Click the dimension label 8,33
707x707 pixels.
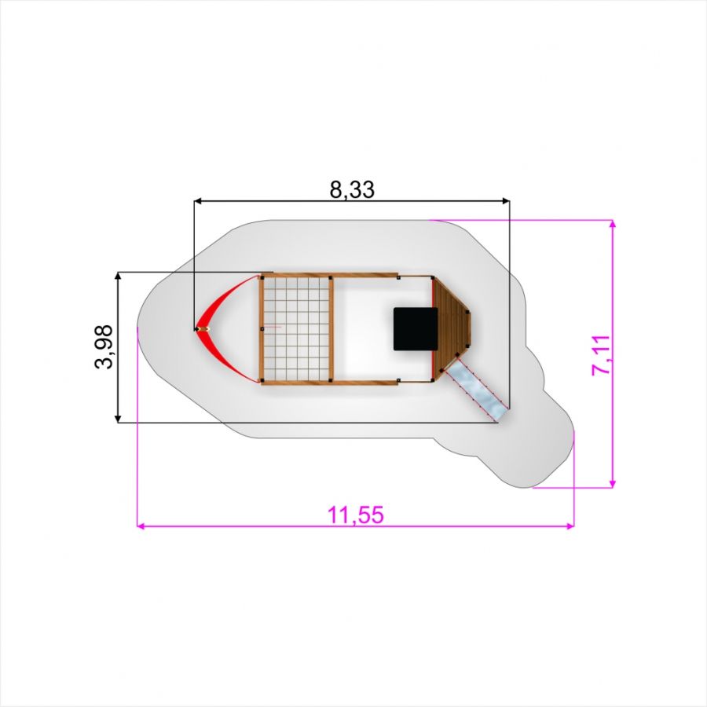[352, 190]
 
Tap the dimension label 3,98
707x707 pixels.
[104, 346]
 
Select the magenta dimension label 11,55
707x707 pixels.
[356, 515]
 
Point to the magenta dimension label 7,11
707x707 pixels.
[601, 354]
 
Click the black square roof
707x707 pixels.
[416, 329]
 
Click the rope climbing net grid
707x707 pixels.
[296, 329]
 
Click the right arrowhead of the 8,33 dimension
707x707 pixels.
[506, 200]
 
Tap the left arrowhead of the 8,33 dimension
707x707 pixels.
[197, 200]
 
